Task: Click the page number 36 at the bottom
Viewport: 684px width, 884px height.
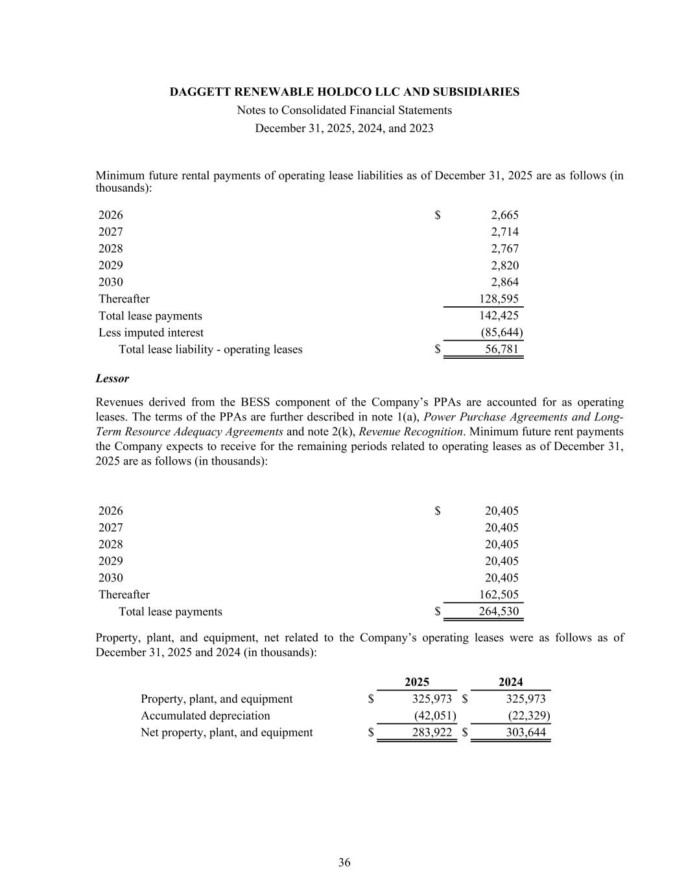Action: pos(344,862)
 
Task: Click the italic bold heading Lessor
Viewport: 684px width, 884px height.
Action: pos(112,378)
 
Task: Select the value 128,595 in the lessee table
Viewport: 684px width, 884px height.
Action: pos(499,299)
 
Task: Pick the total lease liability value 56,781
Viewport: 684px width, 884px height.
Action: pos(502,349)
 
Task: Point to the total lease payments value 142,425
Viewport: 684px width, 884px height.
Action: pos(499,315)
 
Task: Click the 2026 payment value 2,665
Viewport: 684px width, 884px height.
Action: pos(504,215)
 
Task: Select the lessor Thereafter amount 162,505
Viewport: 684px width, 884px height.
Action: pos(499,595)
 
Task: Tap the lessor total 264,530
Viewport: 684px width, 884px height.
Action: pos(499,611)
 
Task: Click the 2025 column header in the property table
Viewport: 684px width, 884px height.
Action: pos(417,681)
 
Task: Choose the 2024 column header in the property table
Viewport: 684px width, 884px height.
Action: pos(511,681)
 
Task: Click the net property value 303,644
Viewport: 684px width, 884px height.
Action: pos(526,732)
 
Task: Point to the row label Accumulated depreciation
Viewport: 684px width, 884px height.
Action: pos(206,716)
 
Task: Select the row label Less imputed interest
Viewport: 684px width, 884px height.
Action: pos(151,332)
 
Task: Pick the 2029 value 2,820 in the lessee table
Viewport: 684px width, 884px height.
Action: pos(504,265)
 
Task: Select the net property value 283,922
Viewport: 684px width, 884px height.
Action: pos(432,732)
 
